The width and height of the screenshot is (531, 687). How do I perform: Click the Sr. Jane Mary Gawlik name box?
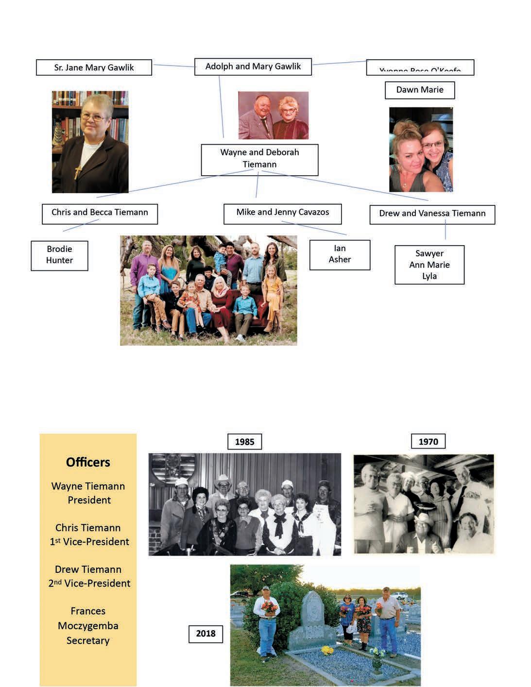(94, 67)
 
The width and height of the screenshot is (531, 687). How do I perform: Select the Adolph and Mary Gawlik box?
(253, 67)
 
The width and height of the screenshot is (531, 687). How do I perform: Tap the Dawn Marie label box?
(420, 90)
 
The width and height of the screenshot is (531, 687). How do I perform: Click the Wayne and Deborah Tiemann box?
(259, 159)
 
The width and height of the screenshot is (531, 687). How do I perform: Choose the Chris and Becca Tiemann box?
(100, 213)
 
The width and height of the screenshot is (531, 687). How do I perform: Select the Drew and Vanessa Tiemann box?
(432, 214)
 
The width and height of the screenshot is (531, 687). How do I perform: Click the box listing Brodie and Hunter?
(59, 255)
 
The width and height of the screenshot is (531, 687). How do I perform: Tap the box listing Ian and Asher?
(340, 254)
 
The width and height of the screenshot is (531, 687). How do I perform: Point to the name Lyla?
(429, 276)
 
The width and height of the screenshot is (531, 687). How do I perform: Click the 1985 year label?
(244, 441)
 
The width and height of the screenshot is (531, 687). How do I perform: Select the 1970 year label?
(428, 441)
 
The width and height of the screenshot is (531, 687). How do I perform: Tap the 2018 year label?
(206, 634)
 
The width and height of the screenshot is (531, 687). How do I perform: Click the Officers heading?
(88, 462)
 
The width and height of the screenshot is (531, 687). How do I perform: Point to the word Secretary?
(88, 640)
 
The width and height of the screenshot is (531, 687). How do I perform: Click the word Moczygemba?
(88, 626)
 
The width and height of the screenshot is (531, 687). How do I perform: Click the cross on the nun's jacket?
(77, 170)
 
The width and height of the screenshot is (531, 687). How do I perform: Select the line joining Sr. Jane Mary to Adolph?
(173, 66)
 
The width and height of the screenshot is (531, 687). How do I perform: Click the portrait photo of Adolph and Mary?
(273, 115)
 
